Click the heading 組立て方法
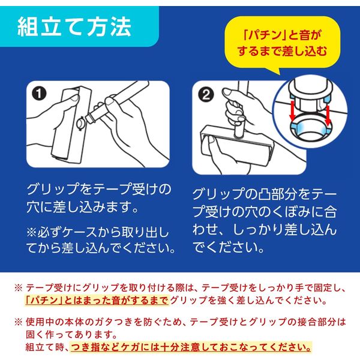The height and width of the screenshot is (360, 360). pyautogui.click(x=74, y=27)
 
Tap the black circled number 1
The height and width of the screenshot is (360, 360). pyautogui.click(x=39, y=94)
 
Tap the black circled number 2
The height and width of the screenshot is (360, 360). pyautogui.click(x=206, y=95)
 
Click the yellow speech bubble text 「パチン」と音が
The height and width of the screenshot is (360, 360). pyautogui.click(x=283, y=35)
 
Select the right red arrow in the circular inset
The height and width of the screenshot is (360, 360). pyautogui.click(x=328, y=116)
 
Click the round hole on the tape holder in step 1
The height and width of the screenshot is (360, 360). pyautogui.click(x=81, y=123)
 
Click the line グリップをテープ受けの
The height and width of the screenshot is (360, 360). pyautogui.click(x=99, y=190)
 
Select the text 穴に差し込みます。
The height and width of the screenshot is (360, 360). pyautogui.click(x=82, y=206)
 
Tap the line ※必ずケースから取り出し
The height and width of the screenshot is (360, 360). pyautogui.click(x=98, y=232)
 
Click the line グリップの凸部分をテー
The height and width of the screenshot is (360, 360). pyautogui.click(x=265, y=194)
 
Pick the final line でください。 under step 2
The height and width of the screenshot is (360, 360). pyautogui.click(x=228, y=247)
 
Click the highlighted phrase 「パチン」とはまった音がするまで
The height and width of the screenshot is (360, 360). pyautogui.click(x=97, y=300)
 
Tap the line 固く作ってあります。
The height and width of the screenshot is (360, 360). pyautogui.click(x=71, y=334)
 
